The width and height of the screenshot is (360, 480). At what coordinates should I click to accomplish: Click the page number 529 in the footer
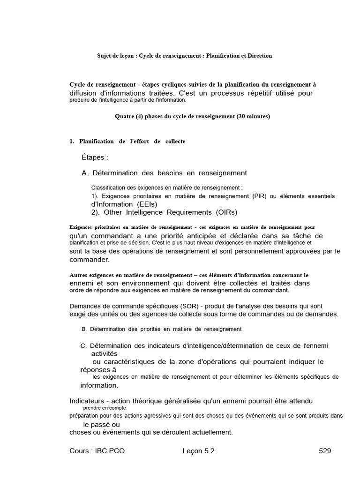coord(325,451)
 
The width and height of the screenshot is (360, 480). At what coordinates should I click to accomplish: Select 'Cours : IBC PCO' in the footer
coord(97,451)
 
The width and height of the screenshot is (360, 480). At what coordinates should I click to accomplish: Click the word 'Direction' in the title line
coord(258,56)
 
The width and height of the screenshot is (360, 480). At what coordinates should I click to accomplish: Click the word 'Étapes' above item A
coord(93,157)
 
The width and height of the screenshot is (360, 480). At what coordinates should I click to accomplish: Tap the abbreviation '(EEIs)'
coord(147,204)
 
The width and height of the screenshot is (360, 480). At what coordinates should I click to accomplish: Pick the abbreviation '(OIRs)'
coord(221,212)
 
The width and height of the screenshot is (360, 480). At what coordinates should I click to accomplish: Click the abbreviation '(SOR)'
coord(179,306)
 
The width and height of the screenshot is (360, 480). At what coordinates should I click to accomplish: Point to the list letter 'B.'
coord(84,329)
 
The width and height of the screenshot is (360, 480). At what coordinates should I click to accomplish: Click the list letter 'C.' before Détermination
coord(84,346)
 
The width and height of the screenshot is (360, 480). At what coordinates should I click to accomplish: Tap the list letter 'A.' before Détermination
coord(85,173)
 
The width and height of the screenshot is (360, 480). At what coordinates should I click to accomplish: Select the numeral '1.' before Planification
coord(72,141)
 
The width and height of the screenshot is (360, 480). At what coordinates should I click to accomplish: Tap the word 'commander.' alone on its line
coord(89,259)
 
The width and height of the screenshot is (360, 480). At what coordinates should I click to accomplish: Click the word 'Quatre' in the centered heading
coord(124,116)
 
